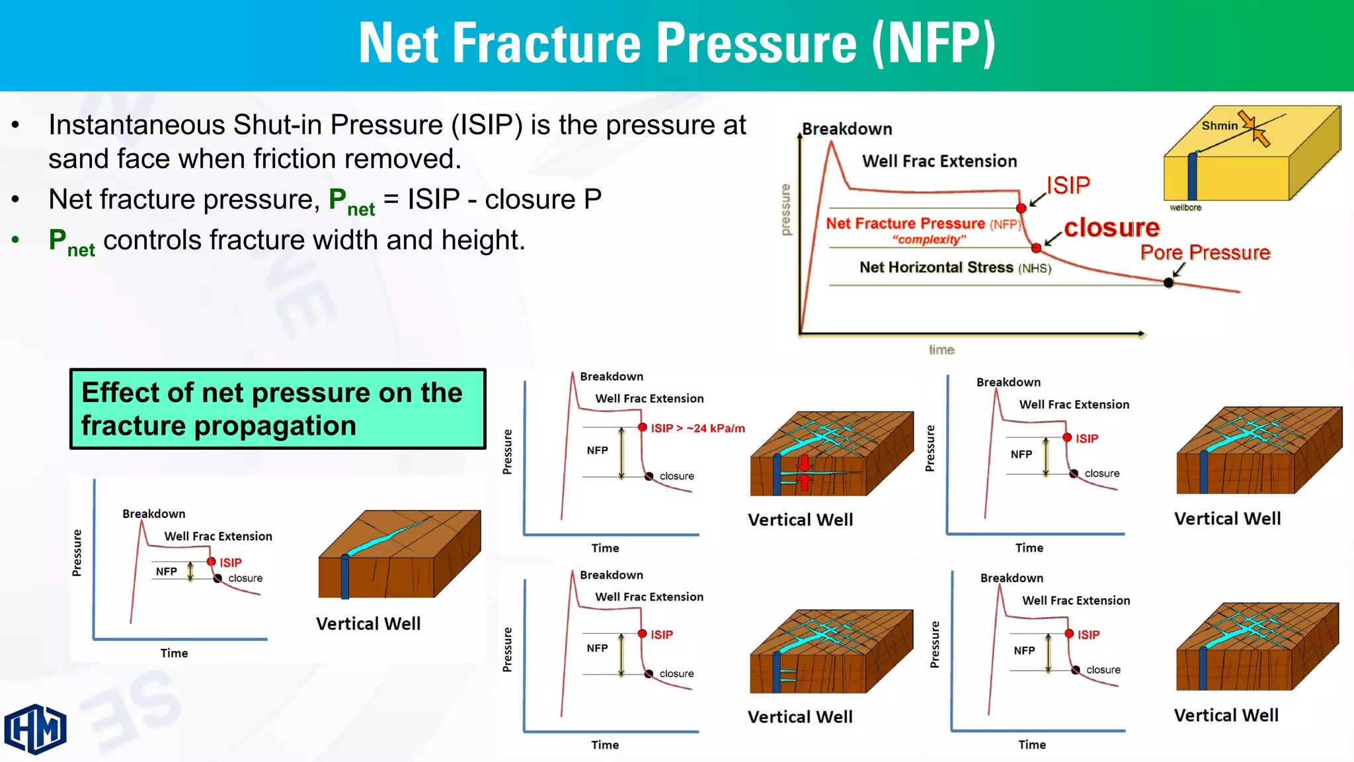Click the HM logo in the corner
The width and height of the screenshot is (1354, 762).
[36, 729]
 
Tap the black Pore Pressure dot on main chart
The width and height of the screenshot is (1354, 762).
[1168, 282]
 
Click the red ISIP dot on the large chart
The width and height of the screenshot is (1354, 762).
[1021, 208]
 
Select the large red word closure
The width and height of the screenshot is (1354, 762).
[1111, 228]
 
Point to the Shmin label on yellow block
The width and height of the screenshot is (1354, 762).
[1219, 126]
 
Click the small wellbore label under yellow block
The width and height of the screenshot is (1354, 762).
[1185, 208]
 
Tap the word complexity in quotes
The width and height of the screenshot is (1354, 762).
[929, 239]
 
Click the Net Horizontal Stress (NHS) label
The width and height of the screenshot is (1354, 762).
[955, 267]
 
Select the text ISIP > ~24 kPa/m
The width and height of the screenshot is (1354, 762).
[697, 429]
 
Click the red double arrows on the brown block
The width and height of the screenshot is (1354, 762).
[804, 472]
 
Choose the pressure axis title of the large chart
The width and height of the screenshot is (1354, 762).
[785, 210]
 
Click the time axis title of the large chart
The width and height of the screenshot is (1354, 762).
[941, 350]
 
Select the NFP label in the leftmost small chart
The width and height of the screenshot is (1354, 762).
[166, 571]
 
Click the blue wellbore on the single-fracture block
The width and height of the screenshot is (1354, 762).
[344, 577]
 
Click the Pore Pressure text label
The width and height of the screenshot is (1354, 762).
[1205, 253]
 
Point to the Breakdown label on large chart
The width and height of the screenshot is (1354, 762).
[847, 129]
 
